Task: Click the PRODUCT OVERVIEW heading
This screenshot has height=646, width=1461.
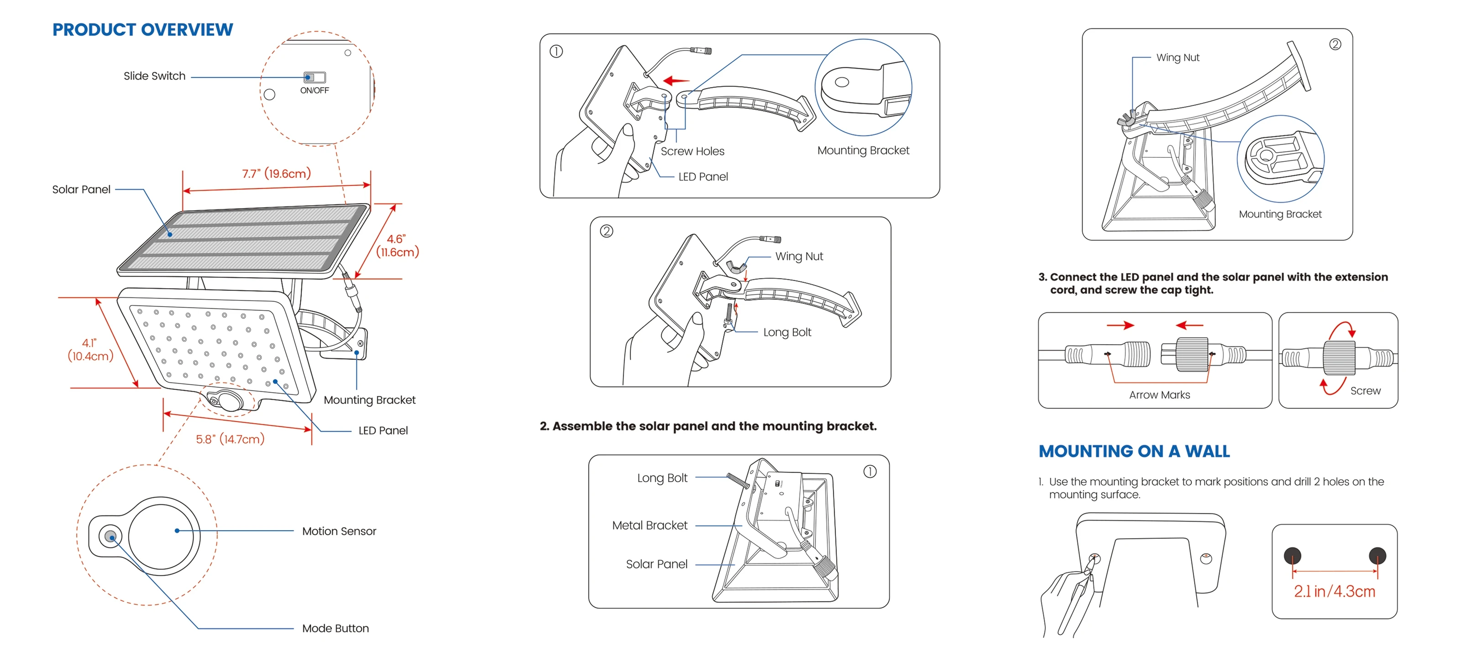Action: [x=142, y=30]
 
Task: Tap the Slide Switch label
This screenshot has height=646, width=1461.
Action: [x=154, y=76]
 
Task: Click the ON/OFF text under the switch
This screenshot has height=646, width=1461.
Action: [x=314, y=91]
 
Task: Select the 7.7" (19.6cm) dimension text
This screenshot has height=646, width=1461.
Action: [x=276, y=173]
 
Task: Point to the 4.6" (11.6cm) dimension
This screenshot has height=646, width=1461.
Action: [x=397, y=245]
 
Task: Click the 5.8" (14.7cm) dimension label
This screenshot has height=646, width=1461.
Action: [x=230, y=439]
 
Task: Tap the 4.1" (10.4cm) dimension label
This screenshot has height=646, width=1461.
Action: [x=90, y=350]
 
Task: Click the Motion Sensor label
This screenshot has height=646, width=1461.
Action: [x=339, y=531]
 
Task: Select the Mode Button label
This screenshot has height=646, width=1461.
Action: [x=335, y=628]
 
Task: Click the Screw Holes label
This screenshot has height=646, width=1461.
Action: [x=692, y=151]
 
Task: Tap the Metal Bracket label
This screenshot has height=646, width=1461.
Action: [x=649, y=525]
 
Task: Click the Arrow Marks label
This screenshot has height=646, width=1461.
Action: [x=1159, y=395]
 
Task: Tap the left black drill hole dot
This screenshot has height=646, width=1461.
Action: [x=1292, y=555]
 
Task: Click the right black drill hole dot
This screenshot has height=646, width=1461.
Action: [x=1377, y=555]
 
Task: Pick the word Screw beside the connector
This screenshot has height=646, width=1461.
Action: [x=1365, y=391]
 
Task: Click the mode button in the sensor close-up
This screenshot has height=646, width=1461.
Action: [x=110, y=536]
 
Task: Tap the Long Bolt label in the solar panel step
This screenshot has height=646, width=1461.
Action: [x=662, y=478]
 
